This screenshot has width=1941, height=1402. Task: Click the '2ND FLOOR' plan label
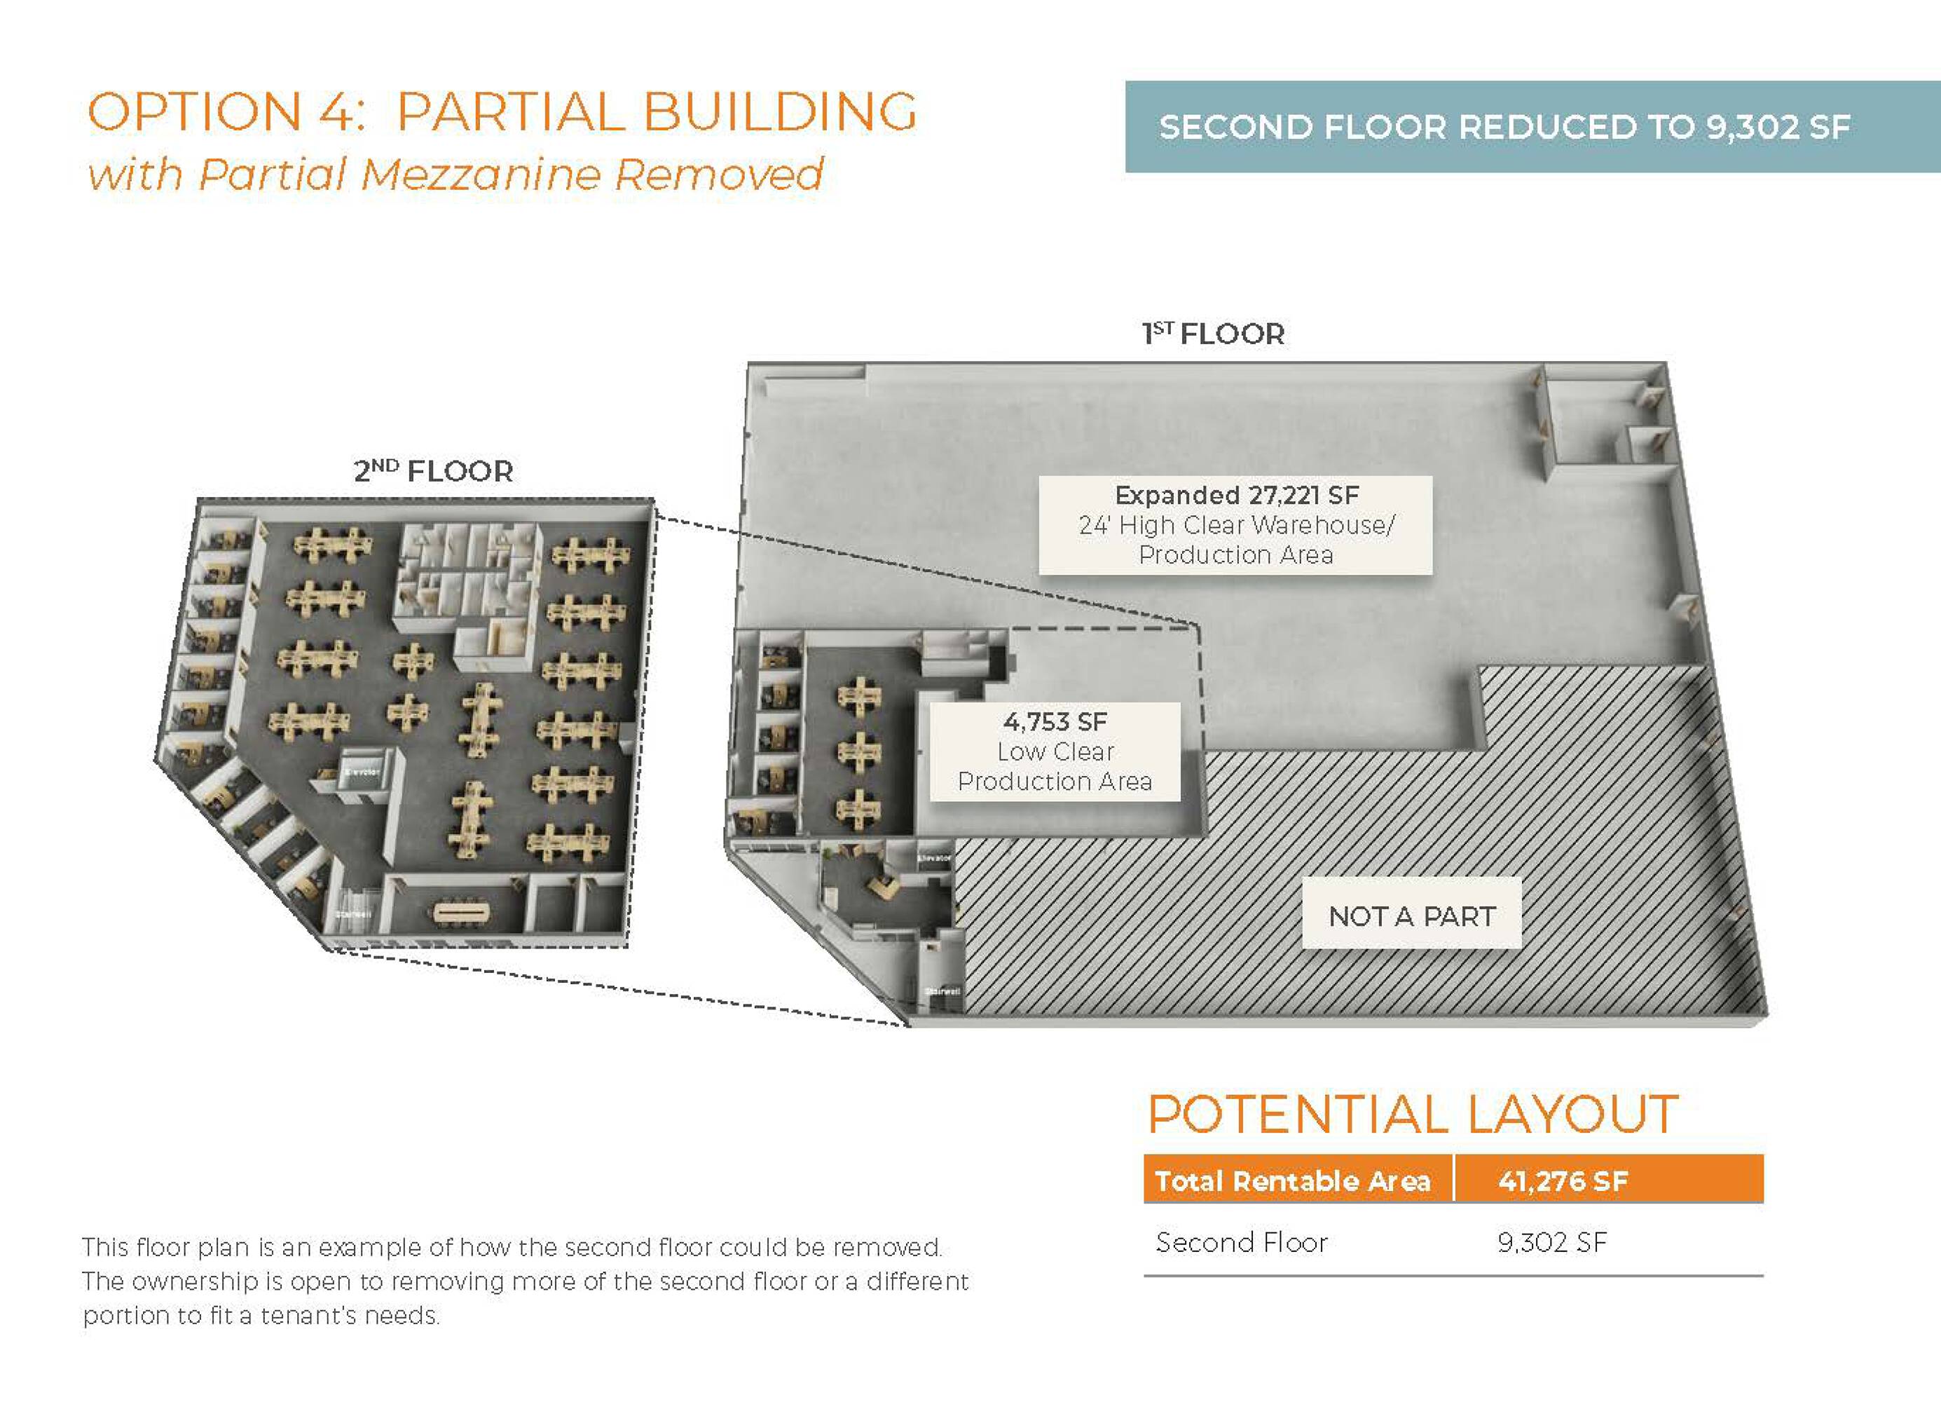tap(433, 471)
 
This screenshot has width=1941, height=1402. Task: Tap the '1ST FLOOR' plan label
tap(1213, 334)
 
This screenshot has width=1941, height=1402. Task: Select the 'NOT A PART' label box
tap(1411, 916)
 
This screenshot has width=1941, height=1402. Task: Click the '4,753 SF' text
tap(1055, 721)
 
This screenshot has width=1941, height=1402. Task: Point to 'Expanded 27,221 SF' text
tap(1236, 495)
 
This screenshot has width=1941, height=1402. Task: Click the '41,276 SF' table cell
tap(1563, 1181)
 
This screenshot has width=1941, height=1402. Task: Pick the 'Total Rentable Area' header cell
tap(1292, 1181)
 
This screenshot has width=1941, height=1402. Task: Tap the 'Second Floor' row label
tap(1241, 1242)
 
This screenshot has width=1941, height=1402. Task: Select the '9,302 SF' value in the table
tap(1551, 1242)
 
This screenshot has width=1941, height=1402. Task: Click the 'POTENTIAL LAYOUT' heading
tap(1412, 1115)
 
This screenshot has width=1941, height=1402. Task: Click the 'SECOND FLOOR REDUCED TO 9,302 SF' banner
tap(1504, 128)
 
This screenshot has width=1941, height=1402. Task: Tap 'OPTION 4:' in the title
tap(228, 112)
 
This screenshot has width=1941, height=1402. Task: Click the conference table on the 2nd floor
tap(462, 913)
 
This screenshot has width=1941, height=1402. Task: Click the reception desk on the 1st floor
tap(882, 884)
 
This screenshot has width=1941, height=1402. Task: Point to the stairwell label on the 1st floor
tap(941, 991)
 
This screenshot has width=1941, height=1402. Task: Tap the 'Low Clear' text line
tap(1055, 751)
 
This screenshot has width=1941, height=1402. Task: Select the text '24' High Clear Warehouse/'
tap(1236, 524)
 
